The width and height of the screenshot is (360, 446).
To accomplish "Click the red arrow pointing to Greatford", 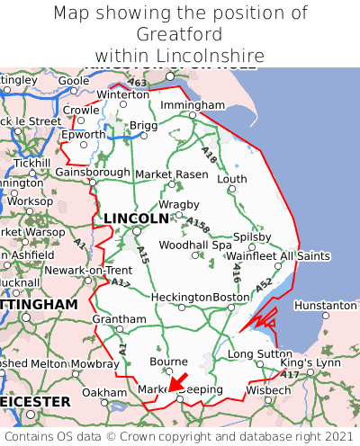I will tap(178, 384).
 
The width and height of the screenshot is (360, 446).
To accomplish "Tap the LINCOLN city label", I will tap(136, 219).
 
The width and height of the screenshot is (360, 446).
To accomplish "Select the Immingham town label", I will tap(193, 105).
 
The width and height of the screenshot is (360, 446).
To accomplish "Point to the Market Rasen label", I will tap(165, 174).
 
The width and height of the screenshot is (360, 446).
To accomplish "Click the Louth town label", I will tap(232, 179).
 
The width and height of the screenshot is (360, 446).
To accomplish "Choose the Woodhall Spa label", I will tap(195, 245).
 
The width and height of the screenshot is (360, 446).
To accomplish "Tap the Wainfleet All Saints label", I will tap(279, 256).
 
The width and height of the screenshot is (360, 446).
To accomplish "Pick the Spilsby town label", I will tap(252, 236).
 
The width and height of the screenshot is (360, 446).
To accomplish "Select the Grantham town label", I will tap(119, 319).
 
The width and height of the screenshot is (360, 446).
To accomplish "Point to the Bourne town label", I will tap(168, 361).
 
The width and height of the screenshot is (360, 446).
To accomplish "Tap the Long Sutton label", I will tap(260, 354).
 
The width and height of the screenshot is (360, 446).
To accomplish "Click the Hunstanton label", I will tap(326, 305).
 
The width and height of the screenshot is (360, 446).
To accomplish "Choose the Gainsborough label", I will tap(93, 172).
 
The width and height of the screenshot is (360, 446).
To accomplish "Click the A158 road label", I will tap(199, 225).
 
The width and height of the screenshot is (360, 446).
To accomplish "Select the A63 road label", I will tap(137, 84).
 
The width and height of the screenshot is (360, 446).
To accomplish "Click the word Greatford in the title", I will tap(180, 34).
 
